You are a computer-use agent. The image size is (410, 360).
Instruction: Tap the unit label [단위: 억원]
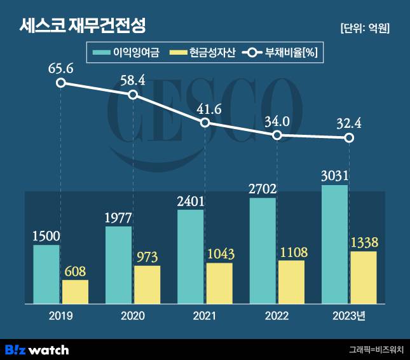(x=364, y=28)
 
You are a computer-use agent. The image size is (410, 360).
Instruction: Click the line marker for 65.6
(x=61, y=83)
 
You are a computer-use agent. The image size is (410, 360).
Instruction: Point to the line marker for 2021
(x=205, y=122)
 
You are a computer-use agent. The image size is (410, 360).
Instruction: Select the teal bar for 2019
(x=46, y=273)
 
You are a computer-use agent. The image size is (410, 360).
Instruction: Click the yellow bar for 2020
(x=147, y=284)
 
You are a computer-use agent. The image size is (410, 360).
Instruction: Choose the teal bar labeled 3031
(x=334, y=244)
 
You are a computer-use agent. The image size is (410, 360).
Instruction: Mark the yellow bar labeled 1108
(x=291, y=281)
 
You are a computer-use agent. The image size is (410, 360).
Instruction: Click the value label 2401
(x=191, y=202)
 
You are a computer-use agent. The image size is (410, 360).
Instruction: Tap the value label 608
(x=75, y=271)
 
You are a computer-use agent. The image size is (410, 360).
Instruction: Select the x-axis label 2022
(x=277, y=316)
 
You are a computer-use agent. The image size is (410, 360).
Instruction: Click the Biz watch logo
(x=37, y=349)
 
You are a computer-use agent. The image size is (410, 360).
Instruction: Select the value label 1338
(x=364, y=242)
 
